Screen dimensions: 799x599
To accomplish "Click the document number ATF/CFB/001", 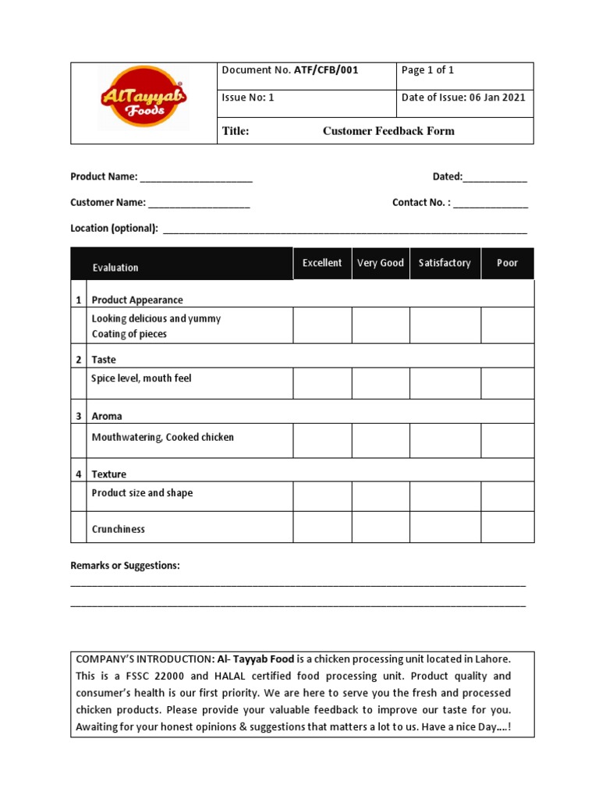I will click(326, 70).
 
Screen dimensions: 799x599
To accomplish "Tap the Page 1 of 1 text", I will click(427, 70).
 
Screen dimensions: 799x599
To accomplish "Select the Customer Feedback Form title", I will click(388, 131).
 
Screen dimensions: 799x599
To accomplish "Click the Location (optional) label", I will click(115, 229).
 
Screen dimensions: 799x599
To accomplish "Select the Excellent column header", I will click(322, 263).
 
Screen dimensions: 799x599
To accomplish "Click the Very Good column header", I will click(381, 263).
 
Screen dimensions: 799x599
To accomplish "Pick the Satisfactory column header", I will click(445, 263).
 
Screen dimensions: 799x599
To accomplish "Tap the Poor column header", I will click(507, 263).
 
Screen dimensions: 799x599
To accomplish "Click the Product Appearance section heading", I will click(137, 300).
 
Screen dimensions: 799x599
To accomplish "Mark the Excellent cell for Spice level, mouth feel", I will click(322, 383).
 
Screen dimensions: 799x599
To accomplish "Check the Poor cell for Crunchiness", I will click(507, 527).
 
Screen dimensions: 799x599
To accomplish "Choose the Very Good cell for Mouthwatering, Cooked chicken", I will click(381, 441).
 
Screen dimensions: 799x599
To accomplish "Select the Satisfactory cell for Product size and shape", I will click(445, 496).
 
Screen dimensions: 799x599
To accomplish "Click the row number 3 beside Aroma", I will click(78, 417).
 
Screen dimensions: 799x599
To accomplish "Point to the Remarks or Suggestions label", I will click(125, 566).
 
